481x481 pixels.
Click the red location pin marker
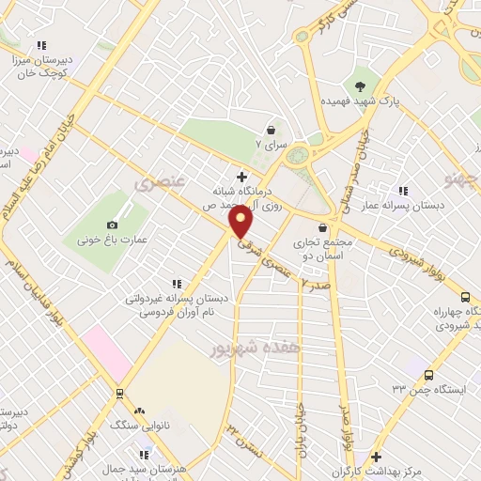coord(240,222)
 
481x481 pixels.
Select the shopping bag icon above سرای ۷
coord(272,130)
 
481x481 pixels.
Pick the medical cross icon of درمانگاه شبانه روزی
coord(241,176)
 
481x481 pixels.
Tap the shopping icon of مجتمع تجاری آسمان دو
coord(323,226)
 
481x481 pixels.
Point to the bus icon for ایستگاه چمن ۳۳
coord(428,375)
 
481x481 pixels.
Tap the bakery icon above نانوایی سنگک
coord(139,411)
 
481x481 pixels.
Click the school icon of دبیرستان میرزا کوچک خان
coord(40,44)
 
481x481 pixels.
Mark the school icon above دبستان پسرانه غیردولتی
coord(175,283)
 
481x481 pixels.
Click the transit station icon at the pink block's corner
coord(118,393)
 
